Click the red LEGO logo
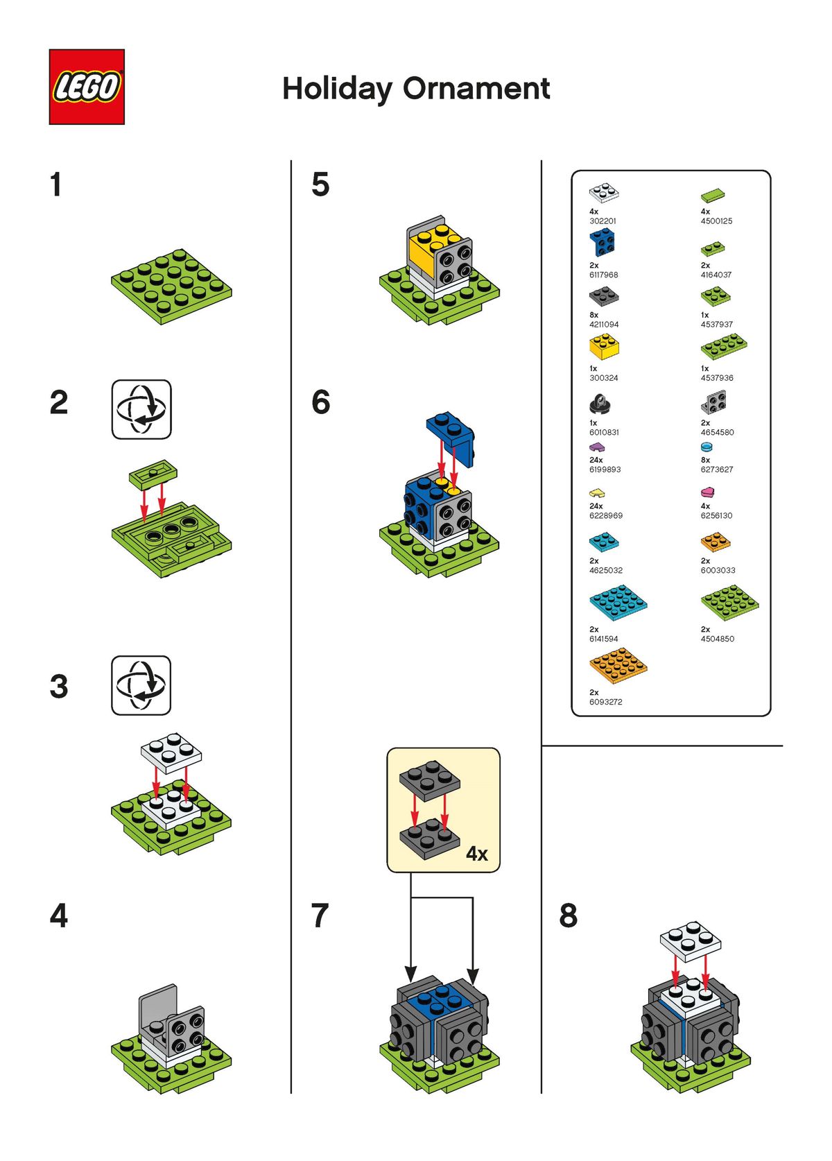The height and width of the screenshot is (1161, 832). click(87, 87)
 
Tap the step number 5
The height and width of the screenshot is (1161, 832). click(320, 184)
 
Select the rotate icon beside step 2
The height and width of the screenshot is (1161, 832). click(141, 409)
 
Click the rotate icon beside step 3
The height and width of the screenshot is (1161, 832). click(141, 685)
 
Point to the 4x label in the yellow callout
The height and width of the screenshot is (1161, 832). click(476, 853)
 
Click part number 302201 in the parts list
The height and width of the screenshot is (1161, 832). click(603, 221)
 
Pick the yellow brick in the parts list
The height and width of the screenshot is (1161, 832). click(604, 347)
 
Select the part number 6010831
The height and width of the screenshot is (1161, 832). click(603, 432)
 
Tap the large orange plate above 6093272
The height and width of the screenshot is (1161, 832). click(618, 666)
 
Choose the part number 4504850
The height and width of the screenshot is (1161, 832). click(717, 639)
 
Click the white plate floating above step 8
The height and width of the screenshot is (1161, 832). click(690, 942)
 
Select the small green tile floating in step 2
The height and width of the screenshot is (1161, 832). click(153, 473)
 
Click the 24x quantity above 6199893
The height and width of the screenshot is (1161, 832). click(596, 461)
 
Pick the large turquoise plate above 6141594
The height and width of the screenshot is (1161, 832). click(618, 603)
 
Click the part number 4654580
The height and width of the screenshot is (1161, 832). click(717, 432)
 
